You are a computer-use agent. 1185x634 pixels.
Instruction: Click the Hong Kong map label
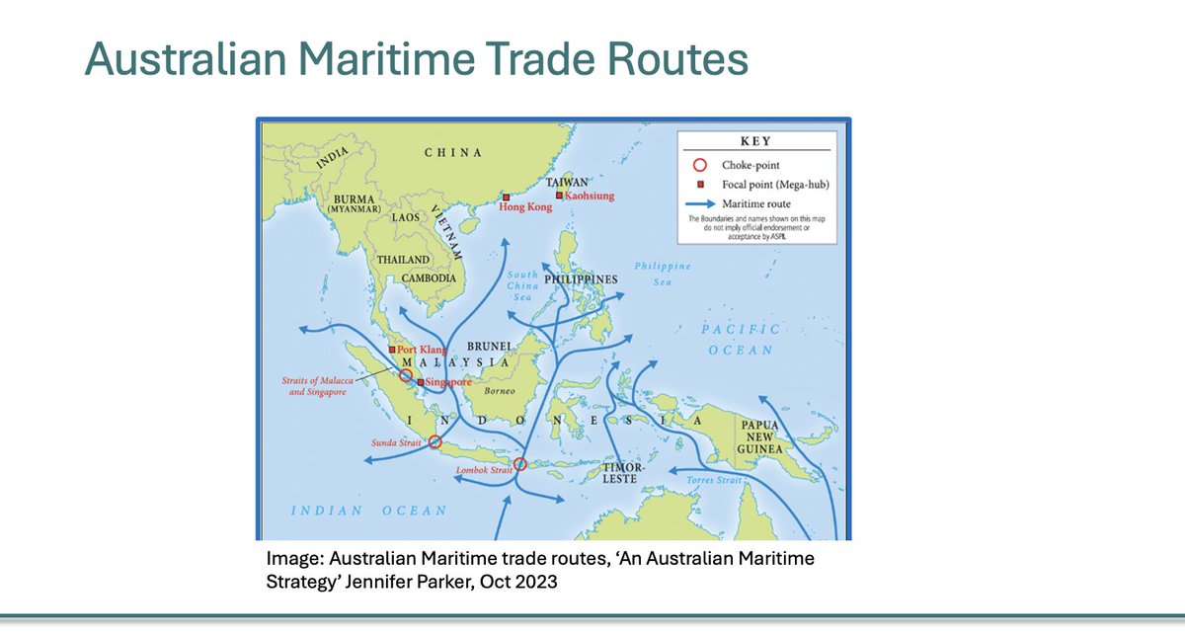525,207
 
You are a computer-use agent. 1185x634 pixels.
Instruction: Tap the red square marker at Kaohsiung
559,196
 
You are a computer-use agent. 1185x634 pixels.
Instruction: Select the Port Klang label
422,350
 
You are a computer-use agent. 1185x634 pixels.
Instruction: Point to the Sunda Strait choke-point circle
434,442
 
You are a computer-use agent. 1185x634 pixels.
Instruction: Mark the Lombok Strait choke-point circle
520,464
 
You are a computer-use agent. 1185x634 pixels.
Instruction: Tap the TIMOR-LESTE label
623,472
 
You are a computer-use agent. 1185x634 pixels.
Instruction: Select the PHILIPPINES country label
581,279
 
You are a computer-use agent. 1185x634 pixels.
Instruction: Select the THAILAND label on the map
403,260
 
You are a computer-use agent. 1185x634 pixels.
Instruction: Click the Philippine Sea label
663,274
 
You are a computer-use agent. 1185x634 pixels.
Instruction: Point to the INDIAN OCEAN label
368,511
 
